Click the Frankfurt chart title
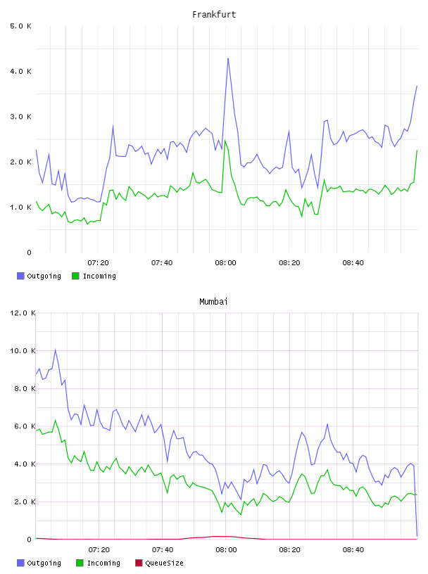click(214, 15)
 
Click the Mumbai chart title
click(213, 302)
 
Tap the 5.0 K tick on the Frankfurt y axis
click(21, 26)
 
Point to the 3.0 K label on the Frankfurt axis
click(21, 117)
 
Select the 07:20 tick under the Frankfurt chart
click(99, 263)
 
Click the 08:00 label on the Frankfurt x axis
click(226, 263)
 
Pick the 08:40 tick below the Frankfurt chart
click(353, 263)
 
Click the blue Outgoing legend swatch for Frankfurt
click(20, 276)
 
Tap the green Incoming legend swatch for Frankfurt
click(75, 276)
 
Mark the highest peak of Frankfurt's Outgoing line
click(228, 58)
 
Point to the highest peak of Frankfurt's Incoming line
click(225, 140)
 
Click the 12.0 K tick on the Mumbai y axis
click(23, 313)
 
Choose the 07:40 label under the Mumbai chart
click(163, 550)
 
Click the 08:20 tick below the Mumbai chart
click(289, 550)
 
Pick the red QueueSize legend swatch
click(139, 563)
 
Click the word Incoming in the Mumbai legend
click(103, 563)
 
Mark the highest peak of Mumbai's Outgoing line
click(56, 350)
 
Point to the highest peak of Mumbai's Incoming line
click(56, 420)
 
